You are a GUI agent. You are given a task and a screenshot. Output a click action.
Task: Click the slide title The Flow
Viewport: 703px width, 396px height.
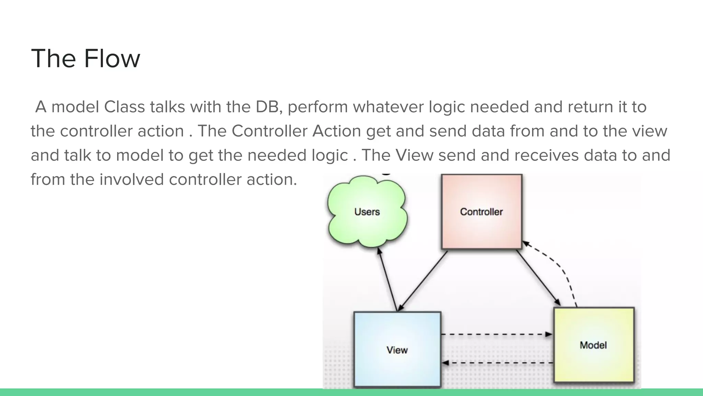(85, 58)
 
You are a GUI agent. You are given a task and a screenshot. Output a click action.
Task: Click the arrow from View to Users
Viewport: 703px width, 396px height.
(388, 279)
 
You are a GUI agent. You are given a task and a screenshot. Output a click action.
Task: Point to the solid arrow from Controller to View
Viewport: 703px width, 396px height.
(423, 280)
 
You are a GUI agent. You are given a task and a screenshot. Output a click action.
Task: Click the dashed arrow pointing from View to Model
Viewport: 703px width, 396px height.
(496, 334)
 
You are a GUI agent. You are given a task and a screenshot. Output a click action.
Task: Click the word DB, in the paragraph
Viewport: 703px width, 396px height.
(269, 107)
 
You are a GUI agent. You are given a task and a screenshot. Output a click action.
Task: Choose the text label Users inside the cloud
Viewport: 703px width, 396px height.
(367, 212)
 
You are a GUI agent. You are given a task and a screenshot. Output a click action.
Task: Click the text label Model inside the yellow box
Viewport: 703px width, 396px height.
(593, 345)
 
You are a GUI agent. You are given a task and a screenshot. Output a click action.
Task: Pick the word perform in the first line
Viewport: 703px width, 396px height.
(318, 107)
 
